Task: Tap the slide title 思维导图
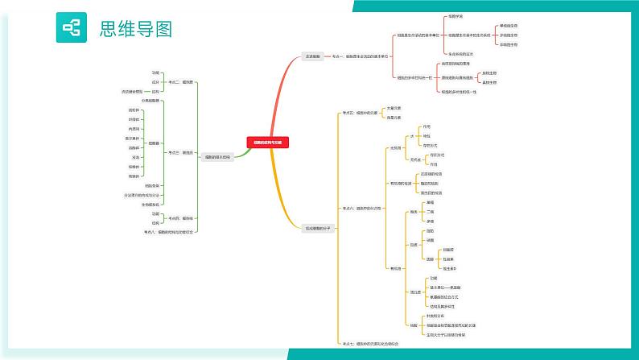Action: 135,29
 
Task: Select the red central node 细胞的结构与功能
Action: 269,141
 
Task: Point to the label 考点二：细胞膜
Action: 179,82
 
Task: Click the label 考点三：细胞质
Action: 179,151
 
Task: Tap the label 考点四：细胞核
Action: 179,217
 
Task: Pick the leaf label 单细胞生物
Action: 509,26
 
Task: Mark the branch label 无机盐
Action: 416,159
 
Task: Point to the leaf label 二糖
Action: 430,211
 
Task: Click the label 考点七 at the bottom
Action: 370,343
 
